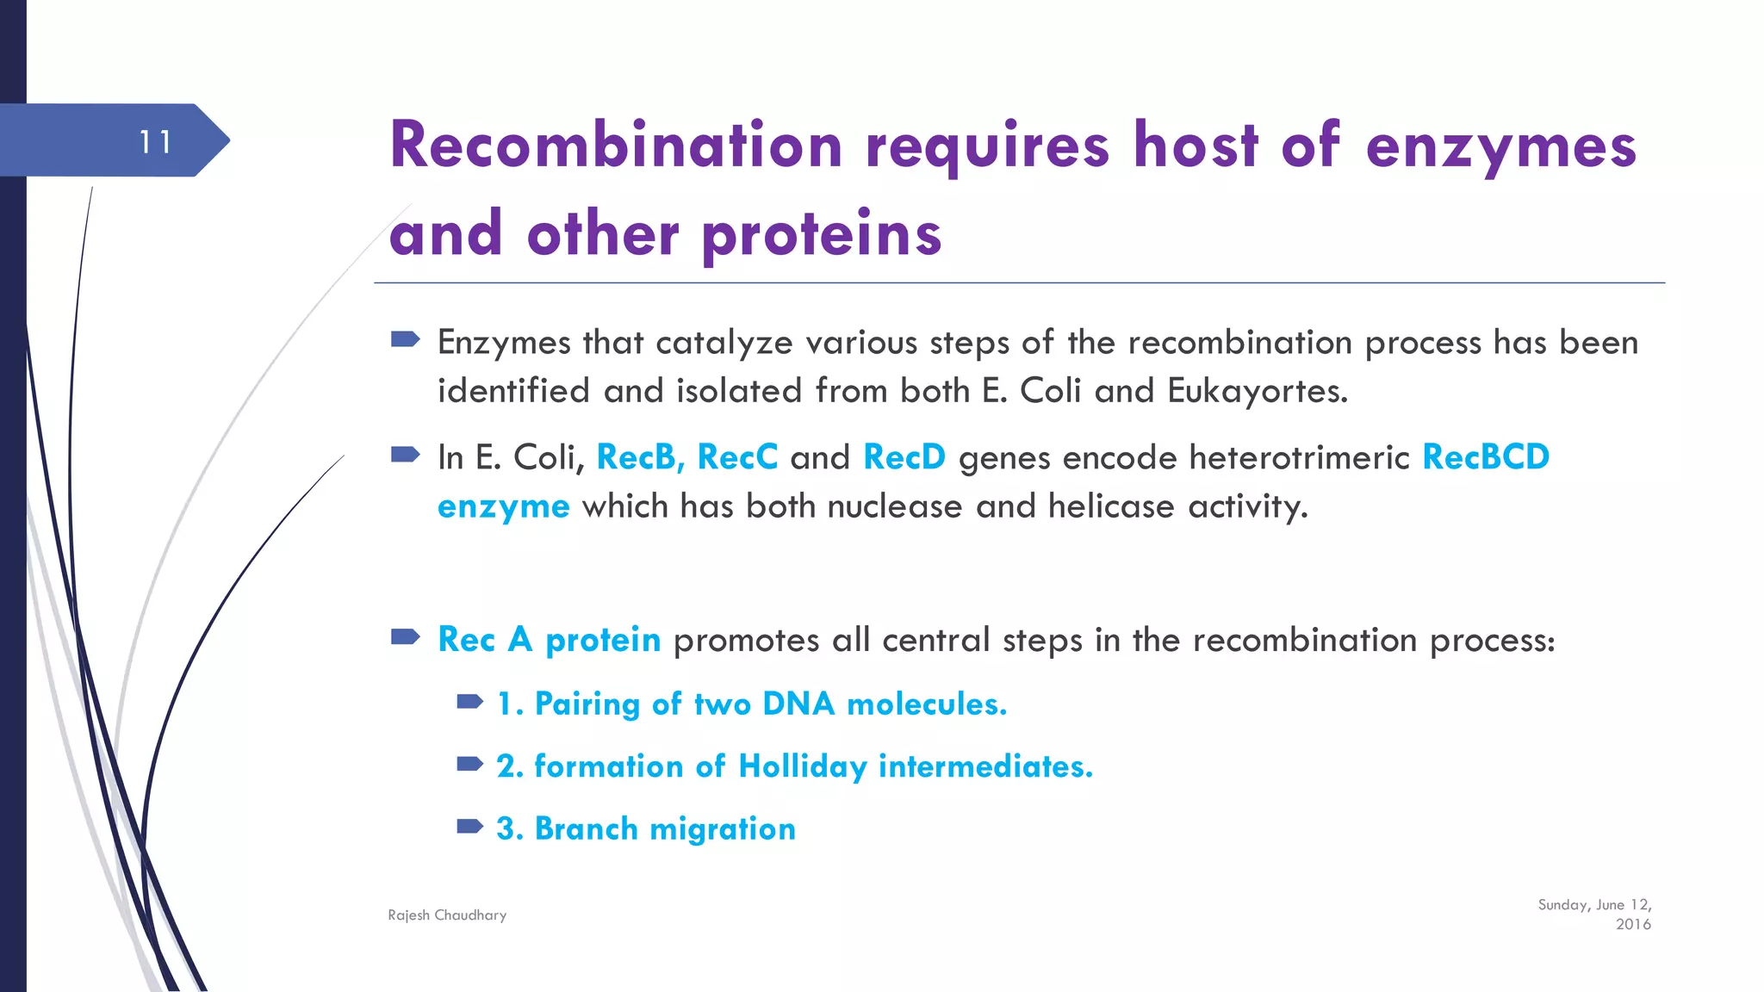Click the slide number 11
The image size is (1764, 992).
point(156,142)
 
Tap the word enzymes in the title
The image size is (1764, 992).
point(1500,146)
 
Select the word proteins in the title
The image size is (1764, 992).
point(822,234)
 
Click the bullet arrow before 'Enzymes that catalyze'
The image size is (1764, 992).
point(405,339)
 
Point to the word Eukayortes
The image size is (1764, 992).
point(1257,391)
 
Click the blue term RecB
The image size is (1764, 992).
point(638,457)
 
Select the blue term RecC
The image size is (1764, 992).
point(737,457)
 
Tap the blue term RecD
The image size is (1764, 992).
point(904,457)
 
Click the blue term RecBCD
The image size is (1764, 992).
point(1486,457)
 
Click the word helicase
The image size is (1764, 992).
point(1111,506)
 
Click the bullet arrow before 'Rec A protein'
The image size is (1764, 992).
point(405,637)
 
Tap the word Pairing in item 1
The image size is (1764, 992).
point(587,704)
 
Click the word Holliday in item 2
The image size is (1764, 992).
point(802,766)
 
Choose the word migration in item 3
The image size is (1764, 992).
point(722,829)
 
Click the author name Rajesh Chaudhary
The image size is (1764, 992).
point(447,915)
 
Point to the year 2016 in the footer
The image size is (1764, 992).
point(1632,925)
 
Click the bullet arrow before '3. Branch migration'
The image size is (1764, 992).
point(469,827)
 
